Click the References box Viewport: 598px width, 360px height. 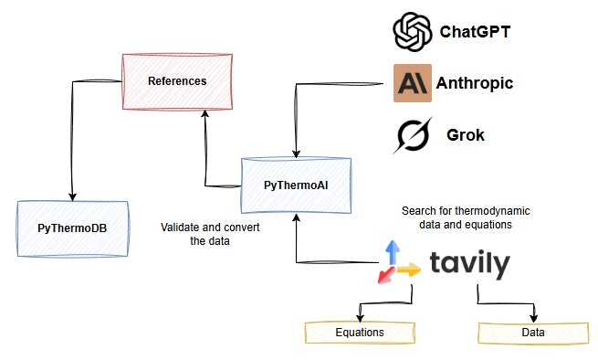176,81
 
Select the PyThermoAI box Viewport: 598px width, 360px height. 295,185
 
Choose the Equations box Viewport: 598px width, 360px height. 359,332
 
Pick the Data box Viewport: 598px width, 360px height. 532,332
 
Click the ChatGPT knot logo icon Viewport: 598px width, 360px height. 411,32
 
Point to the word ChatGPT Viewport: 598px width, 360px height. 475,32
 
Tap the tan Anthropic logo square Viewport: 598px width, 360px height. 412,83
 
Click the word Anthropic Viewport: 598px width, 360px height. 476,83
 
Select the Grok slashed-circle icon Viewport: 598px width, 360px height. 412,135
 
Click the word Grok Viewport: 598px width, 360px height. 466,135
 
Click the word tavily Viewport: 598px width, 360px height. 469,264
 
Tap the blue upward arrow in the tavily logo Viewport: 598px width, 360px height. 392,250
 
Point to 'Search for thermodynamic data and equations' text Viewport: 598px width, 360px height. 466,217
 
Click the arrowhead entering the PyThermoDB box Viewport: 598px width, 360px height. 71,196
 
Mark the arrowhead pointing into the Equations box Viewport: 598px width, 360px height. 359,317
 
